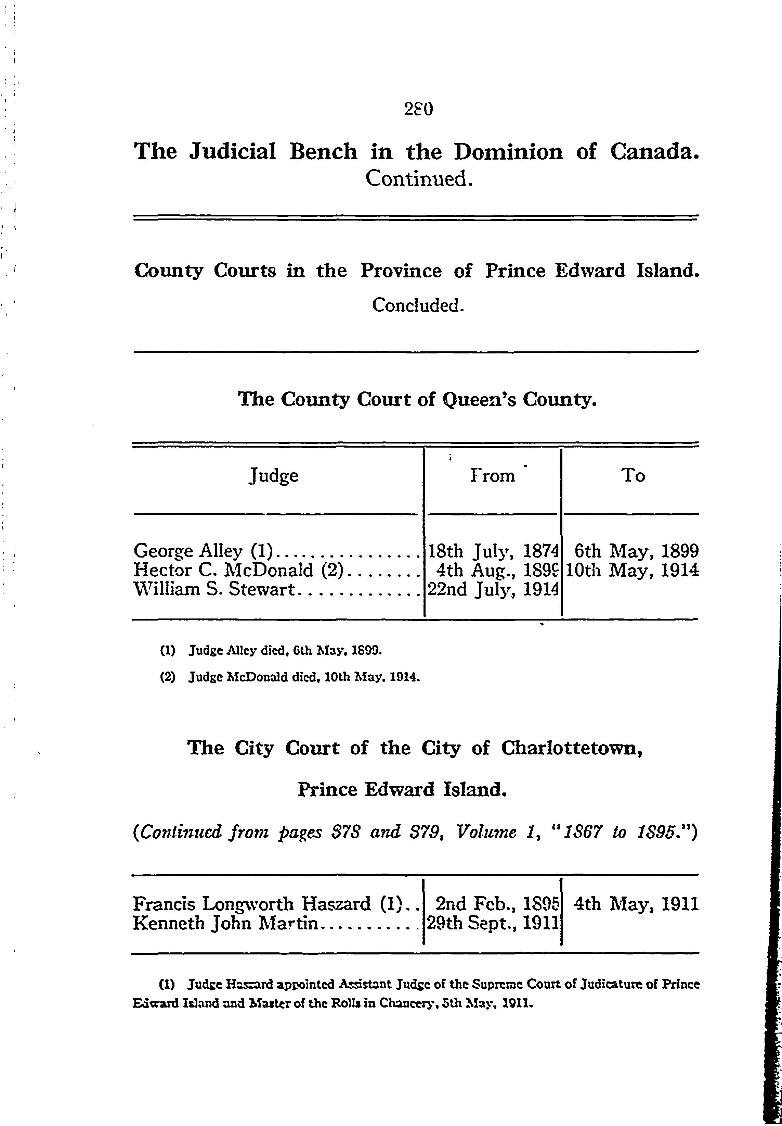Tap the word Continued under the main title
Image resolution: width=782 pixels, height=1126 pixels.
pos(419,179)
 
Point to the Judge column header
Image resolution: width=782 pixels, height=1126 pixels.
pos(274,475)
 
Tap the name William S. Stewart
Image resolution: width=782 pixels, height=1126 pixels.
pos(213,589)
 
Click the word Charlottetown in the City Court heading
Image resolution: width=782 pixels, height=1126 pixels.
pos(571,748)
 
